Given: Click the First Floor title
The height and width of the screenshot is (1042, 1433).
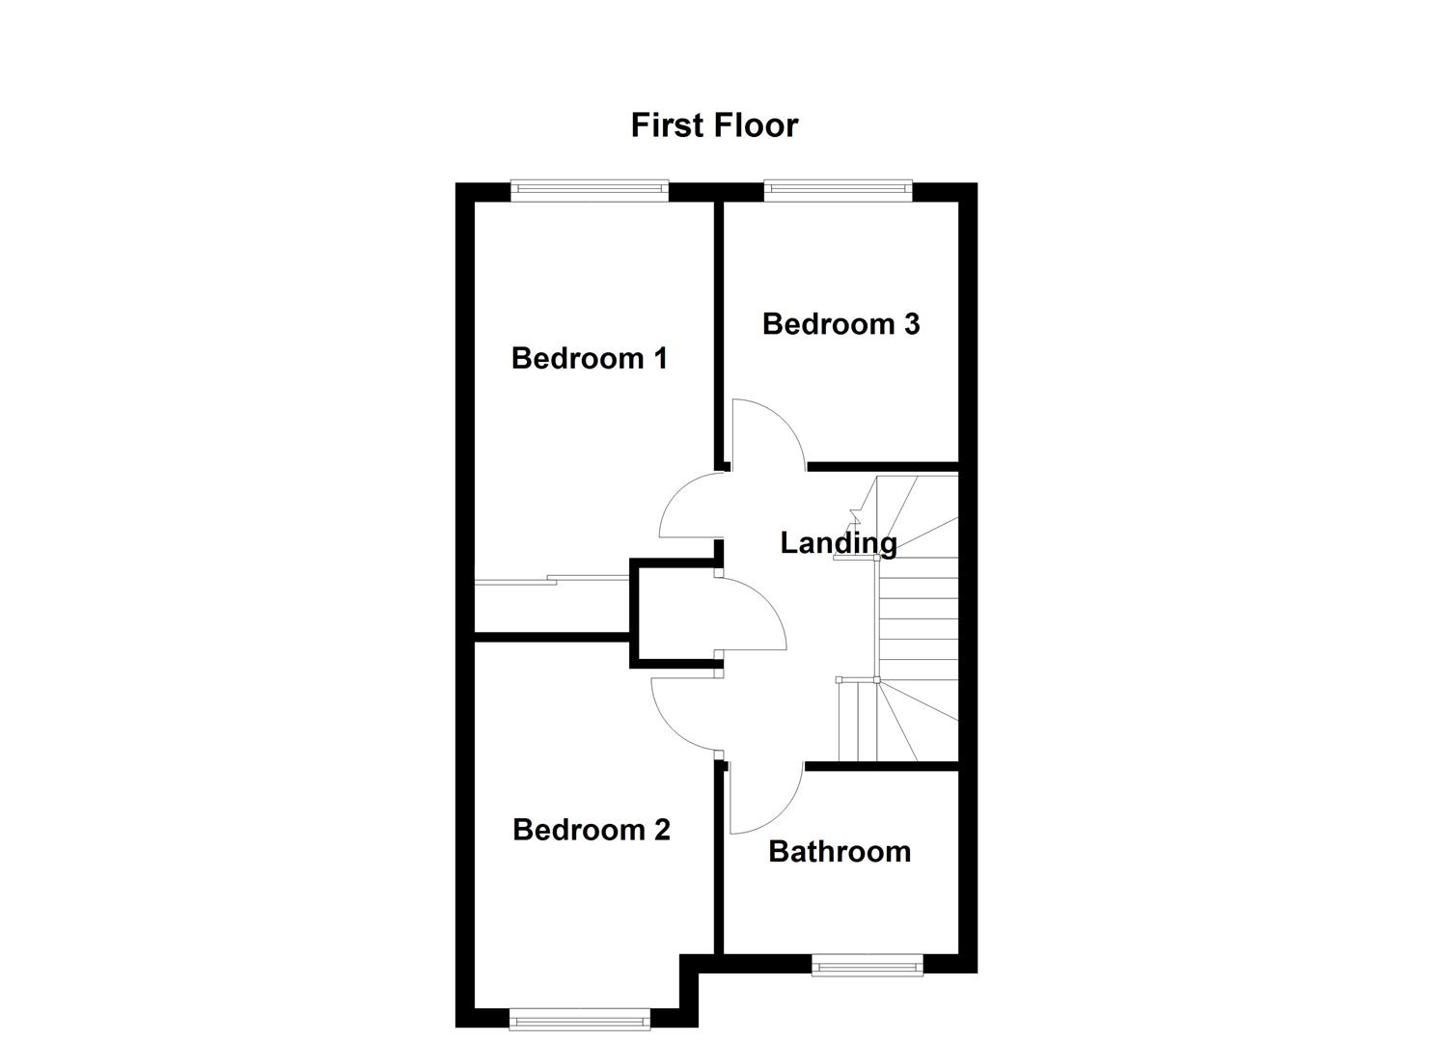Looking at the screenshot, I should pyautogui.click(x=714, y=125).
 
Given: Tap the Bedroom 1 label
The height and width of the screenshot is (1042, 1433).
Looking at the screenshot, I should pyautogui.click(x=589, y=358).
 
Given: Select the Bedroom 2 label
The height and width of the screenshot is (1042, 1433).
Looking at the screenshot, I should pyautogui.click(x=591, y=830).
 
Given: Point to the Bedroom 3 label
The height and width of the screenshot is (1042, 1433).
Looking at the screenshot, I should pyautogui.click(x=841, y=323).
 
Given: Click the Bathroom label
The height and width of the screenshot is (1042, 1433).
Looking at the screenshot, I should pyautogui.click(x=840, y=851).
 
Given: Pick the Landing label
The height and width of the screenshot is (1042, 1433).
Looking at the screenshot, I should pyautogui.click(x=838, y=543).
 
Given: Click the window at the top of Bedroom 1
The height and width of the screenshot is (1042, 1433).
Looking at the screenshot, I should pyautogui.click(x=589, y=191).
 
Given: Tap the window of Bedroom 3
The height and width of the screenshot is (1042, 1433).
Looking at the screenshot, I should pyautogui.click(x=838, y=191).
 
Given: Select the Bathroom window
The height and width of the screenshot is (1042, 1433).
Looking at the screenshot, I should pyautogui.click(x=867, y=965).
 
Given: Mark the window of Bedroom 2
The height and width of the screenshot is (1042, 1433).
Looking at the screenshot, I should pyautogui.click(x=579, y=1018).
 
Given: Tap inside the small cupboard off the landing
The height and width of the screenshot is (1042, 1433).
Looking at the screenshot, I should pyautogui.click(x=674, y=614).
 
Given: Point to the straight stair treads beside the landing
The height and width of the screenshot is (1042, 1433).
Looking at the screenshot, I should pyautogui.click(x=917, y=617).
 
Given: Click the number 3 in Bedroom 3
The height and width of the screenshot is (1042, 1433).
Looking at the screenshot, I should pyautogui.click(x=910, y=323).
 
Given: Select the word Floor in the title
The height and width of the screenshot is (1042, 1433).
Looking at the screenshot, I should pyautogui.click(x=757, y=125).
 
